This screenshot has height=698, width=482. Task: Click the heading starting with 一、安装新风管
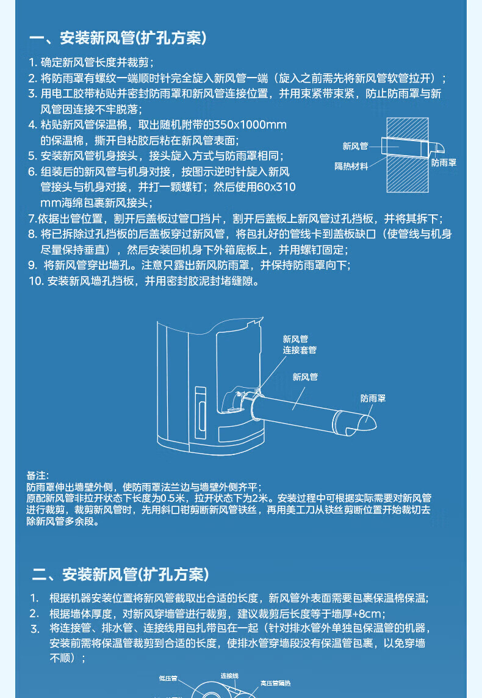118,38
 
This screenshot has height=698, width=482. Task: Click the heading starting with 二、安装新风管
120,574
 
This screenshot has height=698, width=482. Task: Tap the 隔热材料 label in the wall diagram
351,167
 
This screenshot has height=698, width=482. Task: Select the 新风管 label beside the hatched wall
355,146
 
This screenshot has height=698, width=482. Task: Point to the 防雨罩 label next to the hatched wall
444,163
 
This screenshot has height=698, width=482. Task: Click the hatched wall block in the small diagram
408,155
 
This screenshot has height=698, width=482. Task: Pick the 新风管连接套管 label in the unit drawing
300,344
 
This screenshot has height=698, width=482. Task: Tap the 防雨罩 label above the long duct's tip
373,398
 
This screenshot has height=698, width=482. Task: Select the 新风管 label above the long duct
305,377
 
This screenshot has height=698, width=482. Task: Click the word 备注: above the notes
38,476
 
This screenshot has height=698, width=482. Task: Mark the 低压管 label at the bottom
168,678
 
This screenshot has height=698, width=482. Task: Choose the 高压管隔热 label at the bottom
275,683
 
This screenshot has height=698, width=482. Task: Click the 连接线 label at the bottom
229,676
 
